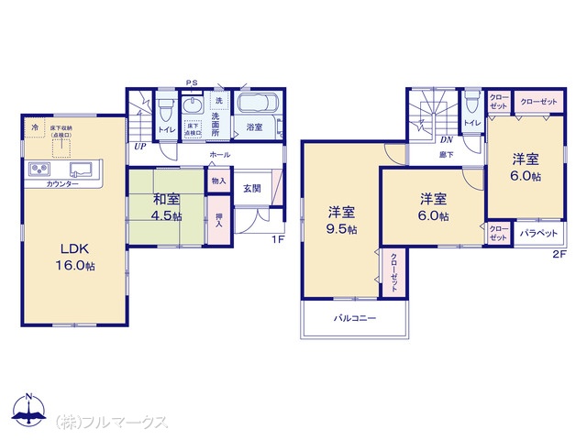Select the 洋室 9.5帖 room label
point(341,221)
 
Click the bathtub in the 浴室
point(261,104)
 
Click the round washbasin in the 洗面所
point(194,105)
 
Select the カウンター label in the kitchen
point(61,184)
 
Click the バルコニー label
point(353,320)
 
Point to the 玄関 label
point(252,188)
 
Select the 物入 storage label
point(218,181)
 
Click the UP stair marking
point(139,146)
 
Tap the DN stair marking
point(447,139)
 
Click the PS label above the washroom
point(191,82)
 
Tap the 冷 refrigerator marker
point(35,126)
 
